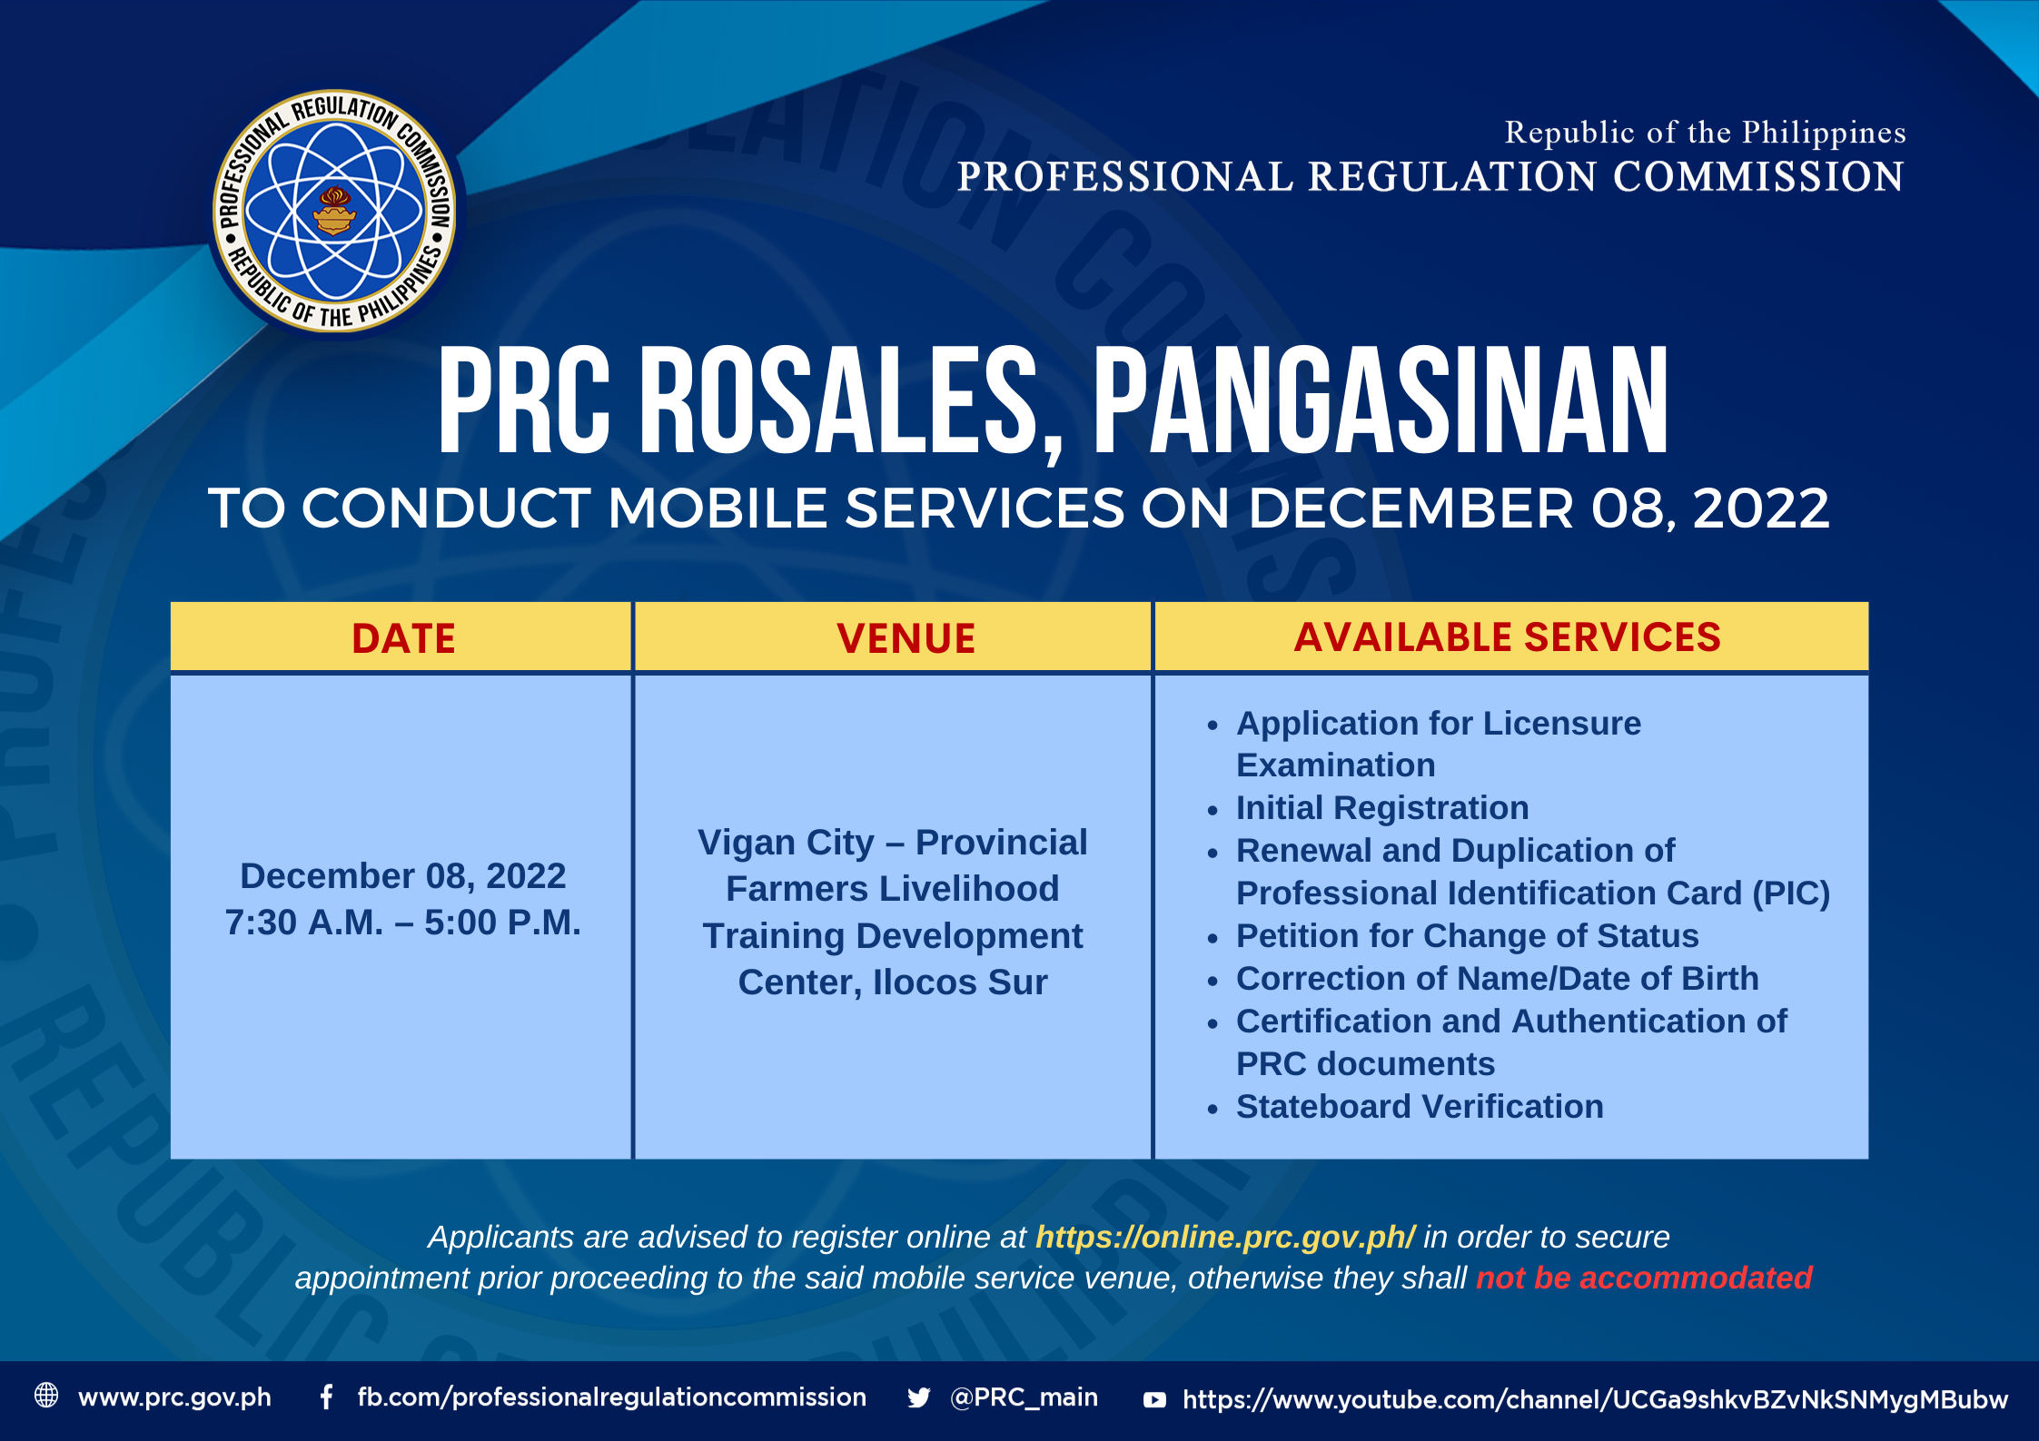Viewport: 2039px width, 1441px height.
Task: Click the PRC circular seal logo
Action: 334,211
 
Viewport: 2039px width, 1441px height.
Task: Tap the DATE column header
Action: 403,638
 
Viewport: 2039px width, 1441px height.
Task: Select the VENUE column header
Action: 906,638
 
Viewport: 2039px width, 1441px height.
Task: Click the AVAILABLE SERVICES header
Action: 1507,637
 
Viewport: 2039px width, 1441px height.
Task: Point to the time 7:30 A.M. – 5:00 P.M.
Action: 402,923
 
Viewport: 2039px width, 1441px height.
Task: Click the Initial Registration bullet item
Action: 1381,808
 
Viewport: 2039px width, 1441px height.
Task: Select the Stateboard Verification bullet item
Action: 1420,1107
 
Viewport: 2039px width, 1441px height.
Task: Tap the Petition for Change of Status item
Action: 1467,936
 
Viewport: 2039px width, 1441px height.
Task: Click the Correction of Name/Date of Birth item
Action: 1497,979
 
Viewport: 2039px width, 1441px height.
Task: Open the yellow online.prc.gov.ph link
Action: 1224,1237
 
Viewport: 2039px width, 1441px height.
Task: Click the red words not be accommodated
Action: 1644,1278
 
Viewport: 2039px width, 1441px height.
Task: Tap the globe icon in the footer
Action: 46,1396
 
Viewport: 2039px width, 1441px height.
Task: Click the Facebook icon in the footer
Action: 326,1397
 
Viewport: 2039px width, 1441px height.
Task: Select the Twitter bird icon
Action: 918,1397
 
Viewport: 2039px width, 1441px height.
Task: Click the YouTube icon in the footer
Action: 1154,1399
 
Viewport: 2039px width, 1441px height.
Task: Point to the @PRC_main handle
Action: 1024,1397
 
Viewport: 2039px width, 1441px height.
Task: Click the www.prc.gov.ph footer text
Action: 174,1397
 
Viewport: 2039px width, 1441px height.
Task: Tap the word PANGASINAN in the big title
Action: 1381,400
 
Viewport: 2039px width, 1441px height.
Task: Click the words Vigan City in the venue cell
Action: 786,843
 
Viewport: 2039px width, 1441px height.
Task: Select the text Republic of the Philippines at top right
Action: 1705,133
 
